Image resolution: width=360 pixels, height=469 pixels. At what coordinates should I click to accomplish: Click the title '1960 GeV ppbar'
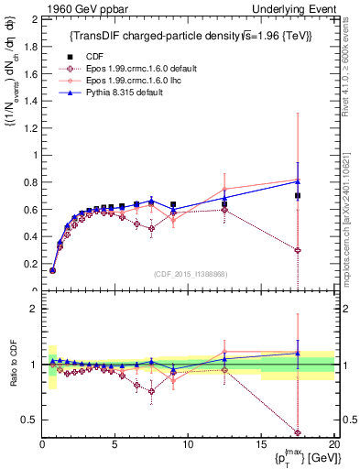[x=74, y=7]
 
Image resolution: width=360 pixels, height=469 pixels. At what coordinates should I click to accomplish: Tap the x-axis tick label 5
[x=115, y=444]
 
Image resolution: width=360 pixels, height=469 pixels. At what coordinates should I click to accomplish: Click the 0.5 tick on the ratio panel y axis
[x=30, y=420]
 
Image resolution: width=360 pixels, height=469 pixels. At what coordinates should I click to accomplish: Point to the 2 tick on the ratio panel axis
[x=33, y=309]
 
